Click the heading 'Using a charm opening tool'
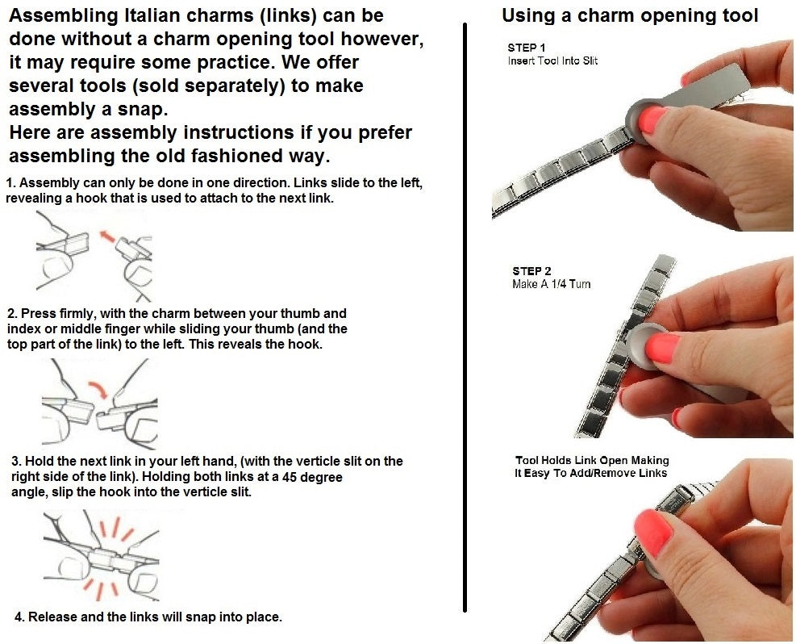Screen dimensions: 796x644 click(630, 16)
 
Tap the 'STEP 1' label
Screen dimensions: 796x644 click(527, 48)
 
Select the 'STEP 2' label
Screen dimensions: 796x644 click(531, 271)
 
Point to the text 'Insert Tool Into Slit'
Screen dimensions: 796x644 click(552, 61)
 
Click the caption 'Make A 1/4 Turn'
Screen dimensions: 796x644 click(552, 284)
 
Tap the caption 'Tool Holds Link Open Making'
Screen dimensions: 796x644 click(592, 460)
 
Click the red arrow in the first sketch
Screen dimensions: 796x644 click(106, 236)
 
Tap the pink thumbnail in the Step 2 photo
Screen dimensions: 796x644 click(663, 348)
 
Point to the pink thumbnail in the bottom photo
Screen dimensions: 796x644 click(653, 533)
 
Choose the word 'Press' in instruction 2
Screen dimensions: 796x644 click(36, 314)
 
